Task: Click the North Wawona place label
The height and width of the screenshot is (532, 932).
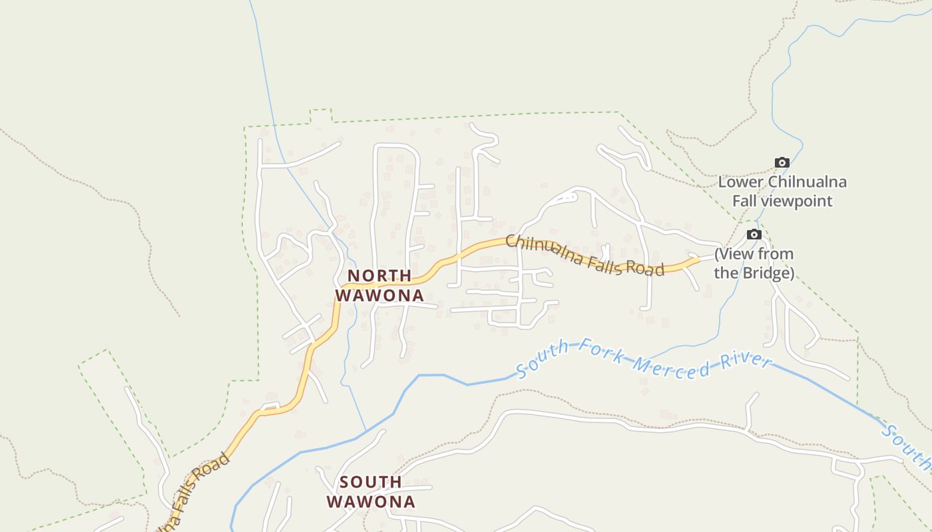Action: [x=379, y=285]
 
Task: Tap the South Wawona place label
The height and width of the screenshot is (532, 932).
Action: [x=371, y=491]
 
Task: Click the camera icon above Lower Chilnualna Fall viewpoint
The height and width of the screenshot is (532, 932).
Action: [x=782, y=162]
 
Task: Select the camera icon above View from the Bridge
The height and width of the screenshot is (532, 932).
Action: [x=754, y=234]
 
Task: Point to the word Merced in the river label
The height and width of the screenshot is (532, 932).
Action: [x=669, y=365]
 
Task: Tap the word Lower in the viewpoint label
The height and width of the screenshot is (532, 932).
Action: [x=741, y=182]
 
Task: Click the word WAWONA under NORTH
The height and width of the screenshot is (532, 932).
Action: [x=379, y=295]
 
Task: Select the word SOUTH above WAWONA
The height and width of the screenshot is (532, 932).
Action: [x=371, y=481]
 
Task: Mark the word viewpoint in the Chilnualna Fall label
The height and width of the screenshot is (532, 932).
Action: [x=801, y=200]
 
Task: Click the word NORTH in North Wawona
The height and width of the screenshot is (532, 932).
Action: [x=379, y=275]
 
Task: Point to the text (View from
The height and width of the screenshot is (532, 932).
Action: [x=754, y=254]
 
